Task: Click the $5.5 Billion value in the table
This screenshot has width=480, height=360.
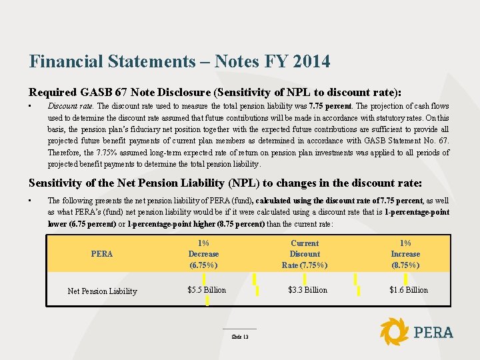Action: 207,290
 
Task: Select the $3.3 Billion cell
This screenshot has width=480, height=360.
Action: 307,290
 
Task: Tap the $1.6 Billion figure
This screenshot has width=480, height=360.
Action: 408,290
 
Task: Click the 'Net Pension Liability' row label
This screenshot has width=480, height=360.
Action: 102,291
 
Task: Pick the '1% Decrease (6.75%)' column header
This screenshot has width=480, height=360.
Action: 203,254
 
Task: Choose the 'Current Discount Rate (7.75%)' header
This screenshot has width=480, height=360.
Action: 305,254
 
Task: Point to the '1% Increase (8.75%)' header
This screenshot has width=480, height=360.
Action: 405,254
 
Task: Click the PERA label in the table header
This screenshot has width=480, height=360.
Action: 102,254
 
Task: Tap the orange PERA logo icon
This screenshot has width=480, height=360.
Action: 394,331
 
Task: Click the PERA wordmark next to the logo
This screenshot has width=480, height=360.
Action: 433,332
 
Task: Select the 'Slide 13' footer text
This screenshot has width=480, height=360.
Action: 240,337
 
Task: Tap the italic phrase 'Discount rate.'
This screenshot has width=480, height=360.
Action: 72,106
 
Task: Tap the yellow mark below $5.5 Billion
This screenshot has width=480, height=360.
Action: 207,301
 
